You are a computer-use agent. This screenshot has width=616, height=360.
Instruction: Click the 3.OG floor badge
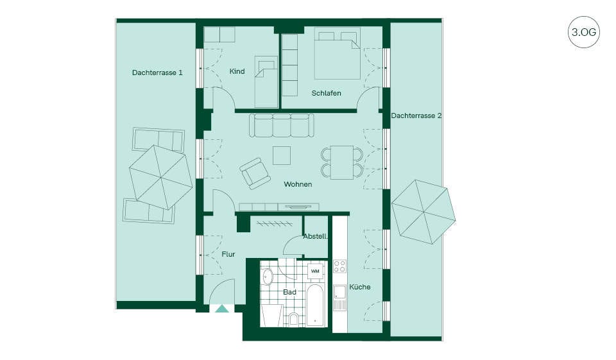pyautogui.click(x=583, y=32)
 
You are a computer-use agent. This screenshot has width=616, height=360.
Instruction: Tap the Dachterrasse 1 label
pyautogui.click(x=157, y=73)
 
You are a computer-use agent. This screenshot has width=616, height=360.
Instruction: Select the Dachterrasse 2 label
pyautogui.click(x=416, y=116)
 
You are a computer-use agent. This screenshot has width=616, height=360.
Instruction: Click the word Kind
pyautogui.click(x=237, y=71)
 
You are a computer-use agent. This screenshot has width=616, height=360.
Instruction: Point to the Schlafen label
pyautogui.click(x=326, y=93)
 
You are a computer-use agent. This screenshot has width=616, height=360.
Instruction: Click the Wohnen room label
pyautogui.click(x=298, y=184)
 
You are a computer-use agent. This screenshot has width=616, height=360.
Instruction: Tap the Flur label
pyautogui.click(x=228, y=254)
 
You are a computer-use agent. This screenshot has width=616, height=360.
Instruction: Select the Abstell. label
pyautogui.click(x=315, y=237)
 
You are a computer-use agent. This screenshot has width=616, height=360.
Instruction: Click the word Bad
pyautogui.click(x=289, y=292)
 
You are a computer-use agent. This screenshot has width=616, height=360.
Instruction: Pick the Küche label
pyautogui.click(x=359, y=287)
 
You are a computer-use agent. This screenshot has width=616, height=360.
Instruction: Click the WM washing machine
pyautogui.click(x=315, y=271)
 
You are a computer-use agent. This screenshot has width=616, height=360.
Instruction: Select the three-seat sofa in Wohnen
pyautogui.click(x=282, y=125)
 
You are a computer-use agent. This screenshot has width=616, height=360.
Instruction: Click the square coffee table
pyautogui.click(x=282, y=155)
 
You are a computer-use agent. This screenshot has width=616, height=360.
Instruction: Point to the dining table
pyautogui.click(x=342, y=162)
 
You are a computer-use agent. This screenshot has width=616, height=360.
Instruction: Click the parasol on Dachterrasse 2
pyautogui.click(x=424, y=212)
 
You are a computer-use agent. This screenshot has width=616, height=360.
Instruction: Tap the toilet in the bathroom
pyautogui.click(x=293, y=319)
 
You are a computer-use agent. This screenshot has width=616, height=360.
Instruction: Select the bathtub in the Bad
pyautogui.click(x=316, y=305)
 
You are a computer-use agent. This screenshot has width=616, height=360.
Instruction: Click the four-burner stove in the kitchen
pyautogui.click(x=340, y=266)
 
